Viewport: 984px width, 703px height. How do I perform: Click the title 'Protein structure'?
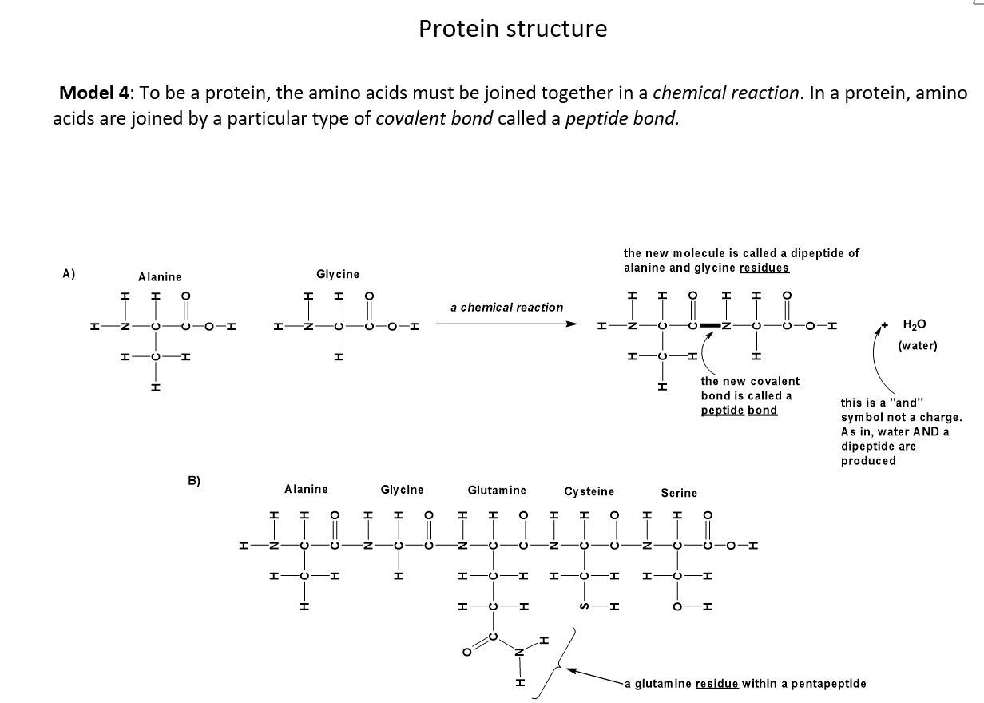pyautogui.click(x=513, y=29)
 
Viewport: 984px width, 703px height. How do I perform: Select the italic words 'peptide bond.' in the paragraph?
pyautogui.click(x=622, y=120)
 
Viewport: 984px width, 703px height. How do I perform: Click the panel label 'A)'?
pyautogui.click(x=69, y=273)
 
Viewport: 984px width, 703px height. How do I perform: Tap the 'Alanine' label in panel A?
pyautogui.click(x=160, y=276)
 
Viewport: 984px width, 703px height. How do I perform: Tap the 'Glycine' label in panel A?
pyautogui.click(x=338, y=274)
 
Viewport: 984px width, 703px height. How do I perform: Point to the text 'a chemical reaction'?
pyautogui.click(x=506, y=307)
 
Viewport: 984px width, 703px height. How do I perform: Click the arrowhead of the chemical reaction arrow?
pyautogui.click(x=571, y=324)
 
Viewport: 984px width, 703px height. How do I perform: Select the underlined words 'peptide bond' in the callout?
pyautogui.click(x=739, y=410)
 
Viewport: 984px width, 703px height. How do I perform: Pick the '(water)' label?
pyautogui.click(x=918, y=345)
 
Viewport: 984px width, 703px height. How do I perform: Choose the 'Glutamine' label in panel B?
pyautogui.click(x=497, y=490)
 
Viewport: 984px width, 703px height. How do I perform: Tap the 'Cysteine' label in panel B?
pyautogui.click(x=589, y=491)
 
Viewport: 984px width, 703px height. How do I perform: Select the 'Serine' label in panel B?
pyautogui.click(x=679, y=493)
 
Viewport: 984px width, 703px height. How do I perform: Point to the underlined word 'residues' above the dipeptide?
pyautogui.click(x=764, y=268)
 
